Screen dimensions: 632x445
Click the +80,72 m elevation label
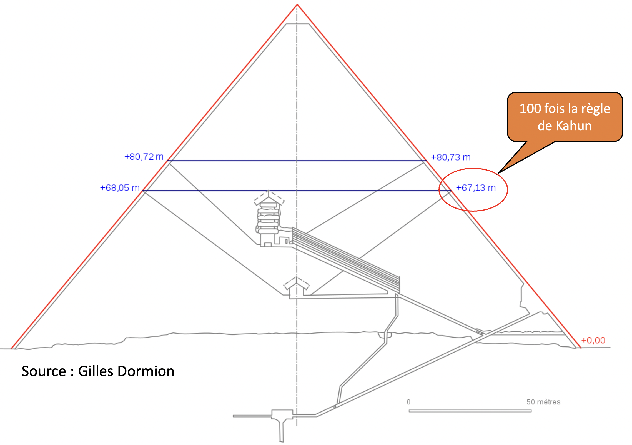(144, 157)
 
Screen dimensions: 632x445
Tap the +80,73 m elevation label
(451, 157)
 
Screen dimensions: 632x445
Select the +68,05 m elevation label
(120, 188)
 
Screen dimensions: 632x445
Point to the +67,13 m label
(476, 188)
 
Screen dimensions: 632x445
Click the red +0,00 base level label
(593, 340)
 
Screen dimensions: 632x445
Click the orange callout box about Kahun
(565, 117)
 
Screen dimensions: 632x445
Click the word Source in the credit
(44, 371)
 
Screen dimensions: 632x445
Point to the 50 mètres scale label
(543, 402)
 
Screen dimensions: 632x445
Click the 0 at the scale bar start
(408, 402)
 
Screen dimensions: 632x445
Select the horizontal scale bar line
(470, 411)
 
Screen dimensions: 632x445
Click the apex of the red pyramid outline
(297, 4)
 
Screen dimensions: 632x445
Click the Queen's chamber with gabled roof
(296, 289)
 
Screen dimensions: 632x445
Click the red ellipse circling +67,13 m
(473, 168)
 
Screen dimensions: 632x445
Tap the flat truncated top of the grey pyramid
(297, 24)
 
